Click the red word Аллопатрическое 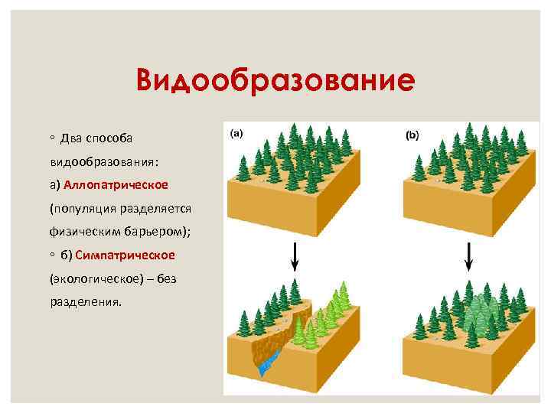click(x=116, y=185)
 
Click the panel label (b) click(x=412, y=135)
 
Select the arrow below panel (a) click(x=294, y=255)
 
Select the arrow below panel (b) click(x=469, y=255)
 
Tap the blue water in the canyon click(x=266, y=367)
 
